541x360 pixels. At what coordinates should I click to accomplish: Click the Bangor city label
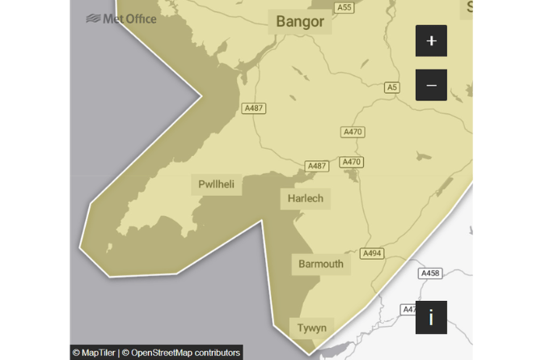(299, 21)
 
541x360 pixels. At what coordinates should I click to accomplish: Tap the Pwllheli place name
(217, 184)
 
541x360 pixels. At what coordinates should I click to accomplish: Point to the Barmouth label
(321, 264)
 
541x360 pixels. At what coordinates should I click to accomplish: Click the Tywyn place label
(311, 328)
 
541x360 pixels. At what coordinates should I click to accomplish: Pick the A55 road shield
(344, 7)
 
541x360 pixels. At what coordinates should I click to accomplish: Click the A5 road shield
(392, 87)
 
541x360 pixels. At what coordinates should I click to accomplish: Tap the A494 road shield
(372, 253)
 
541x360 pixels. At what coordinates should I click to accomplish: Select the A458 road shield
(430, 273)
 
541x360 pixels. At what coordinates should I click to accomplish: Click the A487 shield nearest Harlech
(317, 166)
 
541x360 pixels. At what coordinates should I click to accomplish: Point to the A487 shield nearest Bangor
(254, 108)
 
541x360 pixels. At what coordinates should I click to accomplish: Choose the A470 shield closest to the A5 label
(353, 132)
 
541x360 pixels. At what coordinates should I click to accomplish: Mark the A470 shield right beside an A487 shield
(351, 162)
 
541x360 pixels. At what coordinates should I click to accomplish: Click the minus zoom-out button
(431, 85)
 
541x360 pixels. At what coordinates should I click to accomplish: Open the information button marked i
(431, 317)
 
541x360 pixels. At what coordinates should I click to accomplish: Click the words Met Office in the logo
(130, 18)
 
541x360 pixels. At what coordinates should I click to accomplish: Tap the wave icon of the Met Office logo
(94, 18)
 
